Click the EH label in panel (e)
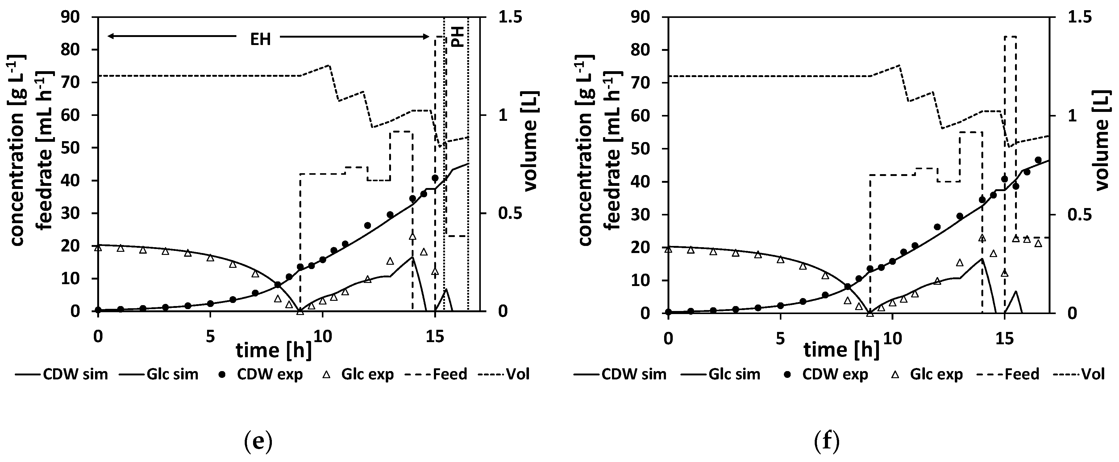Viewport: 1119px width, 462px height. pyautogui.click(x=260, y=39)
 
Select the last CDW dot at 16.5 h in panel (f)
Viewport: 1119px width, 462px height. pyautogui.click(x=1038, y=160)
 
